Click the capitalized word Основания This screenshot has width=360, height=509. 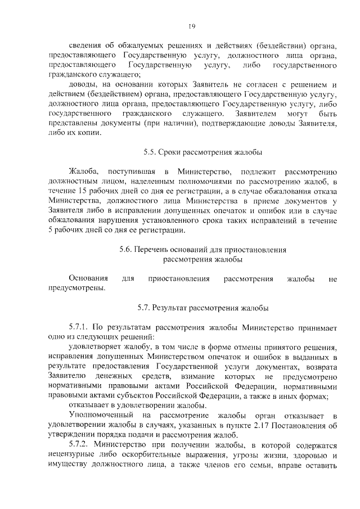88,278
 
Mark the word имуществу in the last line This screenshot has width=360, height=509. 70,466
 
